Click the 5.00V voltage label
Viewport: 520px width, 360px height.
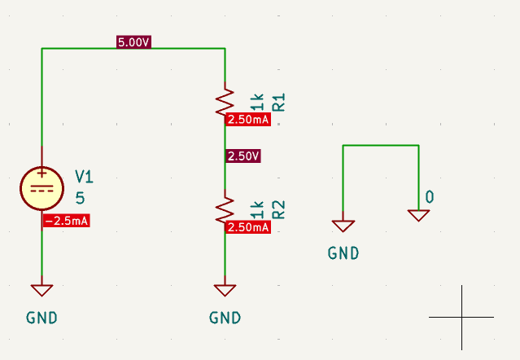point(134,42)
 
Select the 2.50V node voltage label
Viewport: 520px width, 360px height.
point(244,156)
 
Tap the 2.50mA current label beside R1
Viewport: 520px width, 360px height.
point(248,120)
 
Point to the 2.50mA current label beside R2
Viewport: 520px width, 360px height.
point(248,227)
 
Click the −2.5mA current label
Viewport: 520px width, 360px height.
point(66,221)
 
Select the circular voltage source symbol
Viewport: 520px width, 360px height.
point(42,188)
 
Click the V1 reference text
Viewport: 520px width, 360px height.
point(85,176)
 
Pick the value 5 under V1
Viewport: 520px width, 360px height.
point(80,197)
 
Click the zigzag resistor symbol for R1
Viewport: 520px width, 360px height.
point(225,102)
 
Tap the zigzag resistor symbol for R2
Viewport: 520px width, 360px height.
point(225,210)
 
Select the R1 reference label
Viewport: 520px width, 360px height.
point(278,103)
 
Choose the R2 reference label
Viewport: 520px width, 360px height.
point(278,210)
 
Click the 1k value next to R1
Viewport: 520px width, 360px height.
point(258,103)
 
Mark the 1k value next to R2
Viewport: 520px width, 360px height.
point(258,210)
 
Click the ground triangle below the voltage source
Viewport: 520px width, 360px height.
point(42,289)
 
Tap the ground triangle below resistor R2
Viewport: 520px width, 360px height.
point(225,289)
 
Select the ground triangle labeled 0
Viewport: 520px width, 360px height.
point(418,215)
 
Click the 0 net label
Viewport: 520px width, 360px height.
point(430,197)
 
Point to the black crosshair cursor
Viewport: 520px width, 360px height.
point(461,317)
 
